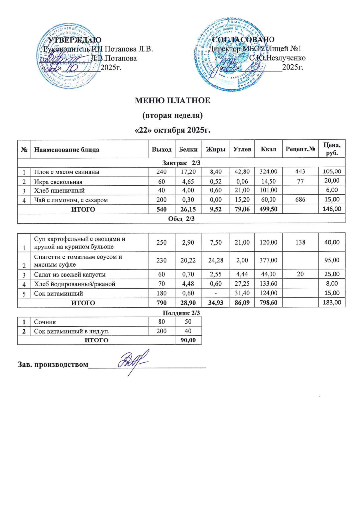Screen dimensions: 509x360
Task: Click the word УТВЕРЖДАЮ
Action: click(75, 39)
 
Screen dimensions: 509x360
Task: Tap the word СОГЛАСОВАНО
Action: click(243, 39)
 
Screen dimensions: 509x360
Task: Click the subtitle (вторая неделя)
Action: click(174, 116)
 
